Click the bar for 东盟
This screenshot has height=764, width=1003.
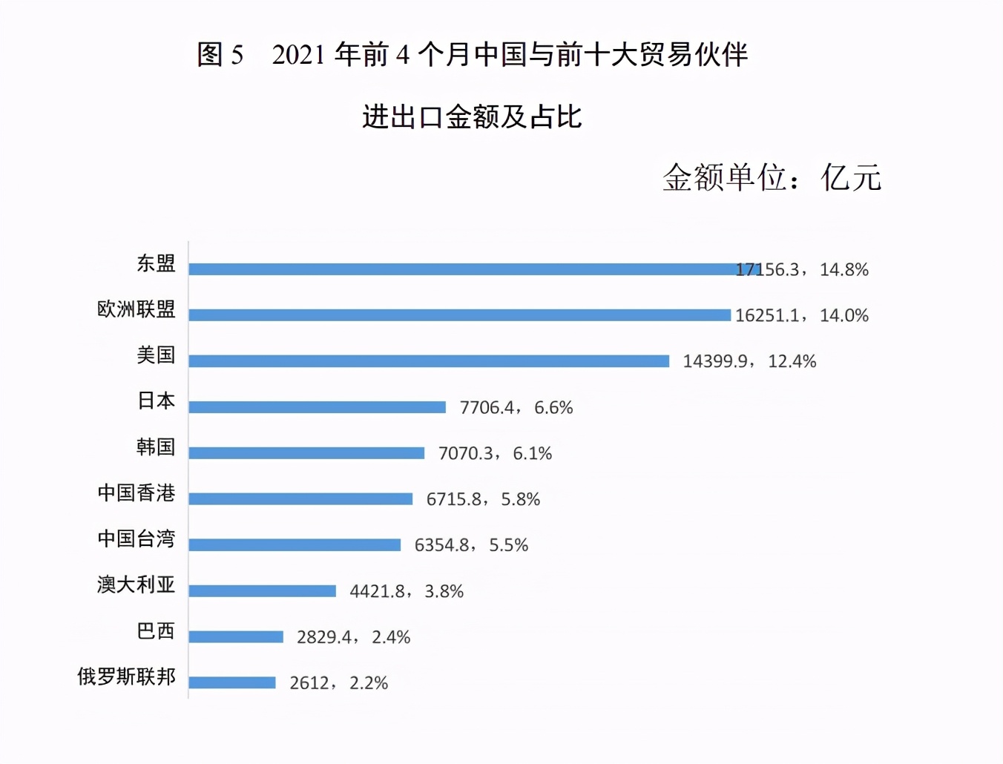tap(475, 269)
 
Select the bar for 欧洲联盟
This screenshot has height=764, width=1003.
tap(459, 315)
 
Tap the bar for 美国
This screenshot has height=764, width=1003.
tap(429, 361)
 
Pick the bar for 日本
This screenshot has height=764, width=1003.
tap(317, 407)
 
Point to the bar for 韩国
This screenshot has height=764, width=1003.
tap(306, 453)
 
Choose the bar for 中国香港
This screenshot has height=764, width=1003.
tap(300, 499)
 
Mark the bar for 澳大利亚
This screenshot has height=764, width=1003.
tap(262, 591)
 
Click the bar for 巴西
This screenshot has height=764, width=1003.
tap(236, 637)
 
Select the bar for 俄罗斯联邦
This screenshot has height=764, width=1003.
tap(232, 683)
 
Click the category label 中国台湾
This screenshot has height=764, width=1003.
tap(137, 539)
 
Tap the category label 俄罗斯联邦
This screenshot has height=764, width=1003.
tap(127, 676)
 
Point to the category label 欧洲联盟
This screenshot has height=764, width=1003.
tap(137, 309)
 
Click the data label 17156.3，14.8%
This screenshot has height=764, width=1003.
tap(802, 270)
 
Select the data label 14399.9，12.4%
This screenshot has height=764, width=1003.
tap(749, 362)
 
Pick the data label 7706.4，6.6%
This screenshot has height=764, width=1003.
tap(516, 408)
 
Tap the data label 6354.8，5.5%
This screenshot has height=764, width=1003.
tap(471, 546)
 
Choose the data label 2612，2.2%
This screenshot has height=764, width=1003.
tap(338, 683)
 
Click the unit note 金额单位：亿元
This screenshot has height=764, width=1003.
tap(772, 178)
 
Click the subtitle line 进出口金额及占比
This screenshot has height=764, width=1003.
tap(472, 117)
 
